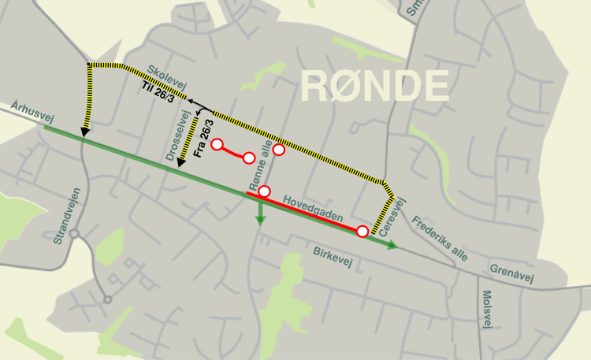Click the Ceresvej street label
click(x=392, y=217)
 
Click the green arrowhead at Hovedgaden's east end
click(x=393, y=246)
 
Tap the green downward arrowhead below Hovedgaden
click(x=258, y=221)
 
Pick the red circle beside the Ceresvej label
click(x=362, y=231)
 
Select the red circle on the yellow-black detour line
click(x=278, y=150)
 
